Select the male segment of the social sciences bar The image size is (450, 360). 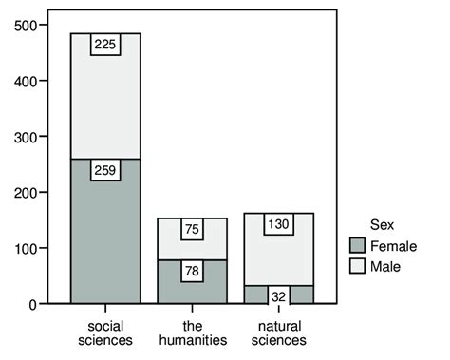coord(105,104)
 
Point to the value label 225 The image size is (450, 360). coord(105,44)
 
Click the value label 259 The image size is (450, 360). coord(105,171)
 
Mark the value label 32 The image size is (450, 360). coord(278,294)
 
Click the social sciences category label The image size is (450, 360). coord(105,332)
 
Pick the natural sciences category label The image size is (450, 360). coord(278,332)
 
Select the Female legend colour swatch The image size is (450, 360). coord(357,245)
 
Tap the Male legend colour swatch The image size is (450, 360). coord(357,266)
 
